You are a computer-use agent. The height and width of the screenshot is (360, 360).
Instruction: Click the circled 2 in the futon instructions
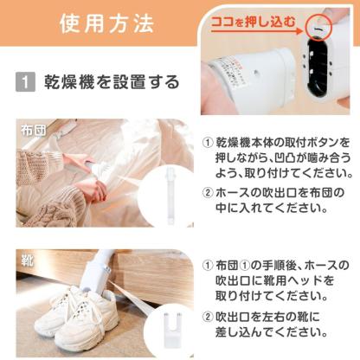click(x=208, y=191)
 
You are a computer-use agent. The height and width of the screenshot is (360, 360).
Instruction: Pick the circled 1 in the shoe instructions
click(x=208, y=265)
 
